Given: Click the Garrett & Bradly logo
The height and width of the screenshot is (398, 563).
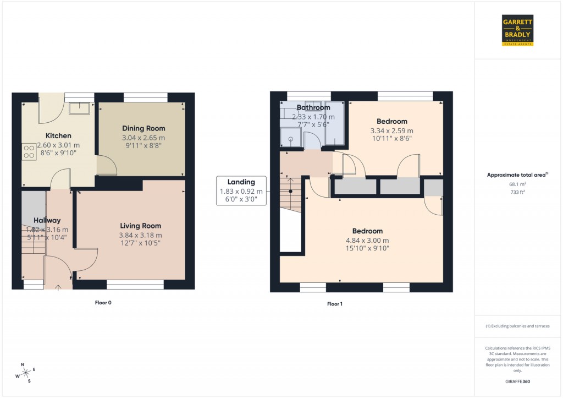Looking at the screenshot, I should [518, 30].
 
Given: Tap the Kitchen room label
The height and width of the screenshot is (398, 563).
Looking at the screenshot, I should [58, 135].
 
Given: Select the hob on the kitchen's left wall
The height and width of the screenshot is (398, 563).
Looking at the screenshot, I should [27, 151].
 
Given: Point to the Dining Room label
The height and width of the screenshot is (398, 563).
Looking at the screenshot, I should [143, 128].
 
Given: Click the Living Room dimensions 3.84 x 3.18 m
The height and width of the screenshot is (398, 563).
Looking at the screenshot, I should [141, 235].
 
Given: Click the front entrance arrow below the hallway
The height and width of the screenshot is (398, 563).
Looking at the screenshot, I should [59, 287].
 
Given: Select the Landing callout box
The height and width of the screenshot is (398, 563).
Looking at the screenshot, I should [241, 191].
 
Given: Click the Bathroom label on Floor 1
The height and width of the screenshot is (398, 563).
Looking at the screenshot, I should [313, 107].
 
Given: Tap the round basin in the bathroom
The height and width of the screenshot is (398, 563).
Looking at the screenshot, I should [290, 139].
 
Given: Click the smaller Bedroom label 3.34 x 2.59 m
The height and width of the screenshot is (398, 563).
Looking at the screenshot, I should [391, 130].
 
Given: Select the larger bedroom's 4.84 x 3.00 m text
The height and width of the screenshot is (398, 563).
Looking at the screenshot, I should [368, 241].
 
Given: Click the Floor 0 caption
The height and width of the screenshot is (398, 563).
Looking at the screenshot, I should [103, 303].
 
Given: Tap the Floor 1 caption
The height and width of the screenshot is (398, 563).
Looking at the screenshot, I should [334, 304].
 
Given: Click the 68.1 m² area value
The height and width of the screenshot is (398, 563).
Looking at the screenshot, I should [517, 184].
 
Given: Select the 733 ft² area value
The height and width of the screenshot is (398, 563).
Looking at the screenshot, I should [517, 192].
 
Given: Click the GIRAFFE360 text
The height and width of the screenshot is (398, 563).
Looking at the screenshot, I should [517, 381].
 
